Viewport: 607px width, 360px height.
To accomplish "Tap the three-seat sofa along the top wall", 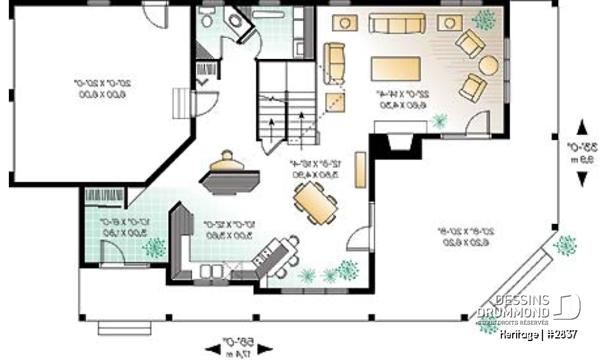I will click(396, 23).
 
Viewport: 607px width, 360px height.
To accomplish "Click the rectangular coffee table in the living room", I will click(396, 68).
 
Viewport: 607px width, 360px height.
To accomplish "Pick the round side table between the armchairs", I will click(488, 66).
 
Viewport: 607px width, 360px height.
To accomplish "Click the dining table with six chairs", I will click(314, 202).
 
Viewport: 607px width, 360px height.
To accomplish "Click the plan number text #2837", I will click(560, 333).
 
